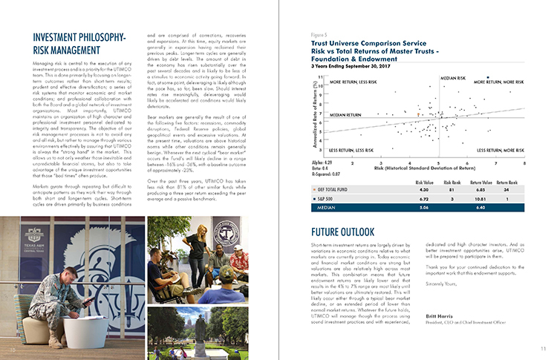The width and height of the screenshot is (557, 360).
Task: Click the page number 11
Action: [x=543, y=349]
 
